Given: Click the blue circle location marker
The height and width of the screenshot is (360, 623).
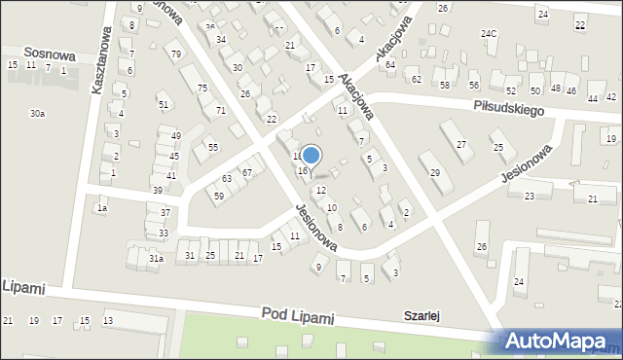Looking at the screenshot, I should pos(311,155).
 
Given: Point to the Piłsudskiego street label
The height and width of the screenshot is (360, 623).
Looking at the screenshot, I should pos(508,106).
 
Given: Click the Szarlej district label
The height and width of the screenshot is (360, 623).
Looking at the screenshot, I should pos(423,315).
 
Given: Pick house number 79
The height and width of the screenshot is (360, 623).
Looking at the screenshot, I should pos(175,54).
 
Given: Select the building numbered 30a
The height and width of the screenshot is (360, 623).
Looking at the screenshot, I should pos(37,114).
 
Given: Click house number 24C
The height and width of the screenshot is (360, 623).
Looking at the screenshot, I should pos(489,34).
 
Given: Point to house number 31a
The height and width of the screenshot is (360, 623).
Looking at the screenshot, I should pos(156,258).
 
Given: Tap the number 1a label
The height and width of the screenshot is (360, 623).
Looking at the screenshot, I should pos(101,208).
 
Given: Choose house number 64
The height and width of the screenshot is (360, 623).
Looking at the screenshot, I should pos(390,65).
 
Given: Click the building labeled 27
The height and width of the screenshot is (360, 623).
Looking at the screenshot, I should pos(461,145).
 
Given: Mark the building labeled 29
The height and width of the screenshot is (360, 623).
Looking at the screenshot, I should pos(435,173).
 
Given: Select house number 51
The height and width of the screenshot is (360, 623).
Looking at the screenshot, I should pos(164,105).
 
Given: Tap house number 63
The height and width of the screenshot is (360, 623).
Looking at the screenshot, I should pos(226,179).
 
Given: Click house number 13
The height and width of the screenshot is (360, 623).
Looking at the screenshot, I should pos(108,320).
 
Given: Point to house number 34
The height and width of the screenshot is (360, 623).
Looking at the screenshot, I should pos(221,40).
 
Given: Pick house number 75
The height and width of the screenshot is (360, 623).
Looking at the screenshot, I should pos(202,89).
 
